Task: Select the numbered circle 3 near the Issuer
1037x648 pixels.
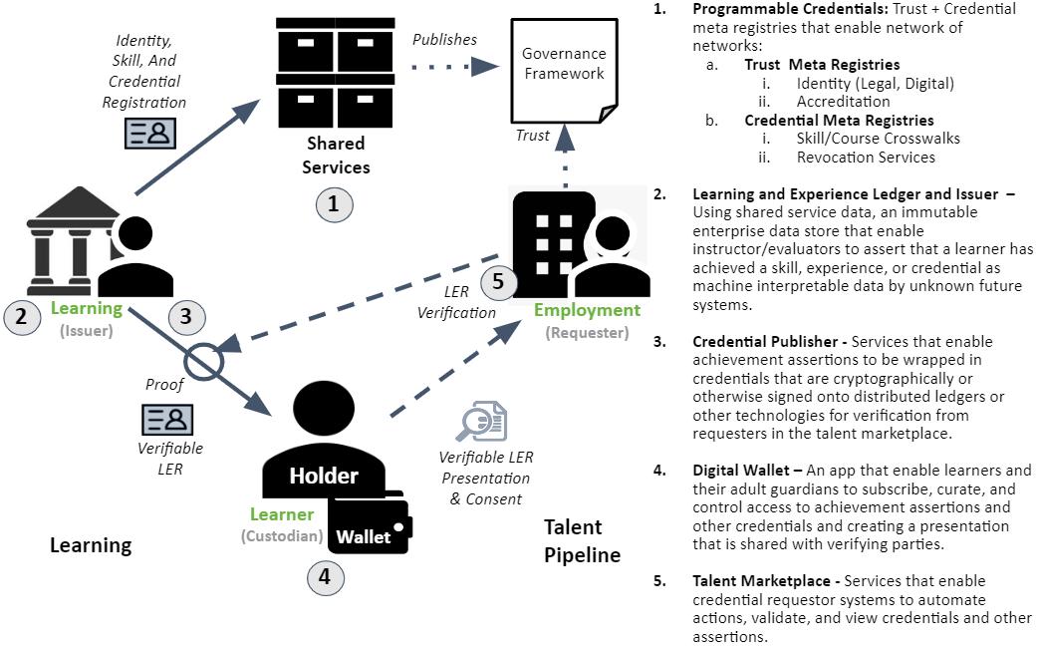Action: click(x=185, y=317)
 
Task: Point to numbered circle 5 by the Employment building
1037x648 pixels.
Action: click(x=498, y=282)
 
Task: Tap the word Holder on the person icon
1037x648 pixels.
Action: click(x=323, y=476)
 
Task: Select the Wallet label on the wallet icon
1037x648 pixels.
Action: click(x=364, y=536)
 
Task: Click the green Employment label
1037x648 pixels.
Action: click(x=587, y=310)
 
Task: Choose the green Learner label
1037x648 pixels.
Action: click(x=282, y=514)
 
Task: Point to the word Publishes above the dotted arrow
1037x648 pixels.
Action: click(x=444, y=40)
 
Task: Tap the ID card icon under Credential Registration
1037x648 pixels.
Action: click(x=149, y=133)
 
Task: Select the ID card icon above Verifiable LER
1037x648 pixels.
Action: click(x=166, y=419)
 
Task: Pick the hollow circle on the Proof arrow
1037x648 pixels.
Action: click(x=205, y=363)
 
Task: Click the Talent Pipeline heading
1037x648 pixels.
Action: click(x=582, y=540)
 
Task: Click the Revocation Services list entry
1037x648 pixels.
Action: click(x=866, y=157)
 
